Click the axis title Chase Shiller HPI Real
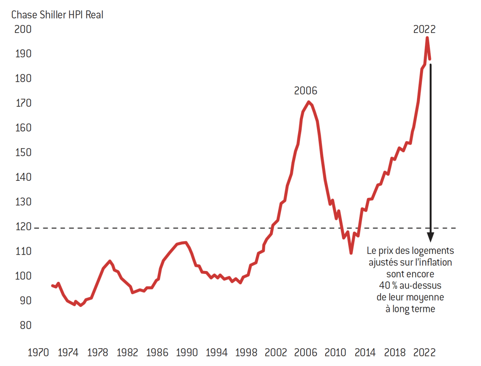57,15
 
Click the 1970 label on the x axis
38,352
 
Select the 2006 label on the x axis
305,352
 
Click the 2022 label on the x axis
424,352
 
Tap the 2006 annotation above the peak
306,91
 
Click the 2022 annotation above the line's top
424,29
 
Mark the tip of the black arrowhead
431,241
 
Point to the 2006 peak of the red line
308,102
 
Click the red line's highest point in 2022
427,38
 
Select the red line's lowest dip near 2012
351,253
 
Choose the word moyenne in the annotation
428,297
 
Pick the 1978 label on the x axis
97,352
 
